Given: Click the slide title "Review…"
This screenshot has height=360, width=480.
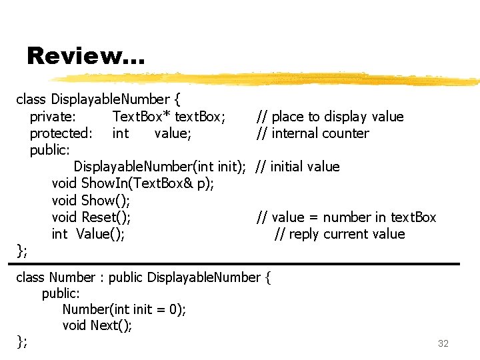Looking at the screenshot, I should click(85, 56).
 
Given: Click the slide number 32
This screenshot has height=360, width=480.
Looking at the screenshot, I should click(443, 344).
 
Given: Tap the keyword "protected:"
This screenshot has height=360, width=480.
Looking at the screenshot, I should click(61, 133).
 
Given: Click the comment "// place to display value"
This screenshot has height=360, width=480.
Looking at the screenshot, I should click(330, 117).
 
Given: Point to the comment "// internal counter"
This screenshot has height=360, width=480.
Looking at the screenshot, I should click(312, 133).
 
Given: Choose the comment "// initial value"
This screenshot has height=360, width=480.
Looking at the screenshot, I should click(297, 167).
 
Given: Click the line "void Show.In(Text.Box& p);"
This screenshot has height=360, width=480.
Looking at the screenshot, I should click(133, 183).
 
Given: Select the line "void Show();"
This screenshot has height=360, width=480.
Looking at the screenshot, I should click(91, 201).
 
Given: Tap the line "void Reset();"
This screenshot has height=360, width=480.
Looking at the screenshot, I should click(91, 217).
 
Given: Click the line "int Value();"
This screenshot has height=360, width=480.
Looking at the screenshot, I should click(88, 234).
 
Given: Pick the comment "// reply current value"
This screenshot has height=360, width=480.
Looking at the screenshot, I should click(339, 234).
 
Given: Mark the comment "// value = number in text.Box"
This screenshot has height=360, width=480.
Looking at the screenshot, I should click(346, 217).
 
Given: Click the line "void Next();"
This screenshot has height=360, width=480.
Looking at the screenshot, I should click(97, 325).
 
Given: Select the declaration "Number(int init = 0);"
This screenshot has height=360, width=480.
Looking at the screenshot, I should click(124, 309).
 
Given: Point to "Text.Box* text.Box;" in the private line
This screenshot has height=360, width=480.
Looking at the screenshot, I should click(169, 117).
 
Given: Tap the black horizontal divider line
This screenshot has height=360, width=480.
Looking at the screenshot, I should click(238, 264).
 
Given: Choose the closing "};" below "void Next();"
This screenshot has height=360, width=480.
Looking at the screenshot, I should click(22, 341).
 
